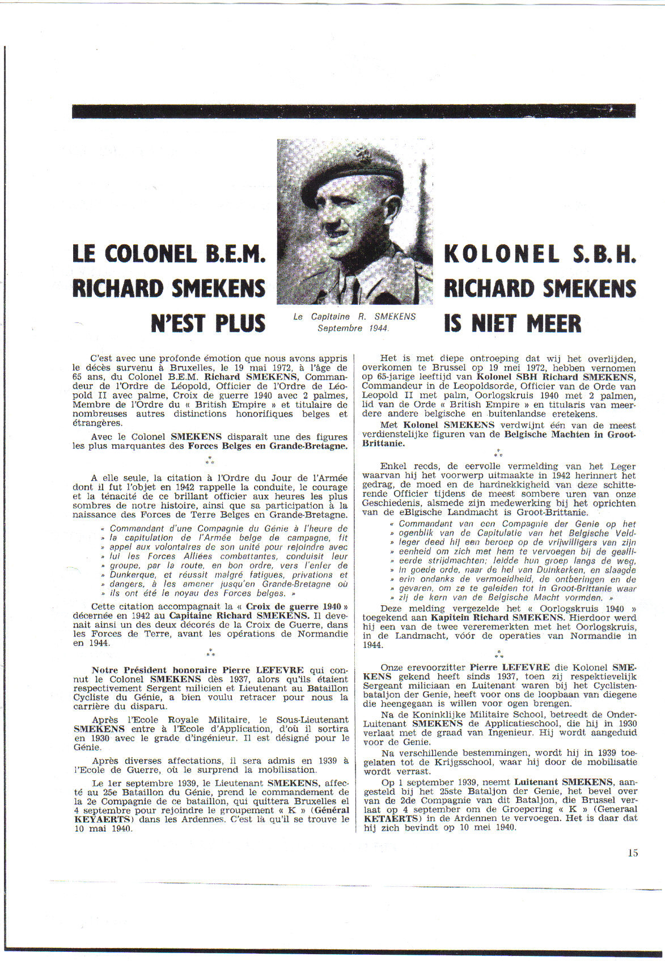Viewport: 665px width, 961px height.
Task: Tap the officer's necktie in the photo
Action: (x=355, y=290)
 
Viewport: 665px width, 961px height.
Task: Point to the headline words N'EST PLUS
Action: (x=208, y=323)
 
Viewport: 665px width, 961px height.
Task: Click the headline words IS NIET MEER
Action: (x=512, y=324)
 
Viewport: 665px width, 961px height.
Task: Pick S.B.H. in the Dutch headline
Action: (x=604, y=254)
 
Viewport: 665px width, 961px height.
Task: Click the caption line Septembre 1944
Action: (x=353, y=328)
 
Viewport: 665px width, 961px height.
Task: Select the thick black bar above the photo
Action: (x=353, y=111)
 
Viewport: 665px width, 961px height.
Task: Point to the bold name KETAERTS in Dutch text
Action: (x=384, y=818)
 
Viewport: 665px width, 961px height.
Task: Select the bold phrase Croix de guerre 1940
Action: (x=296, y=606)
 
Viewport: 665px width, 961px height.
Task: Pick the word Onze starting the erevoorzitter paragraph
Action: (x=391, y=667)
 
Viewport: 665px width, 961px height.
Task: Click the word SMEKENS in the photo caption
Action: (x=395, y=317)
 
